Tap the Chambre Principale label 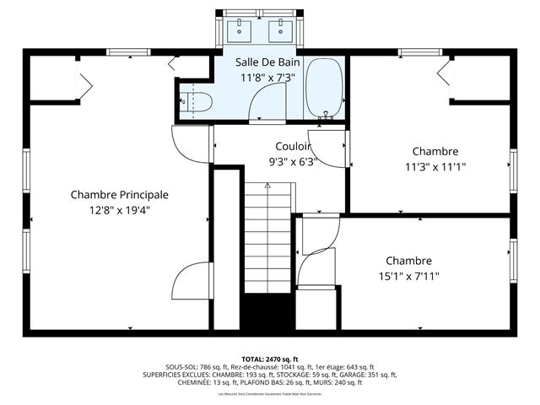(119, 195)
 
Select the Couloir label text (293, 147)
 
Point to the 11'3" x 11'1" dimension (435, 167)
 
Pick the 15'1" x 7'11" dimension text (408, 276)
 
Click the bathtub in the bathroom (323, 89)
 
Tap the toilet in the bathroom (195, 102)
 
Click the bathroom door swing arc (268, 105)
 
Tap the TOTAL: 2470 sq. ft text (270, 359)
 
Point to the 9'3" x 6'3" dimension (292, 162)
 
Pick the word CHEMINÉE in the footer (196, 382)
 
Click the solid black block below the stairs (268, 314)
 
